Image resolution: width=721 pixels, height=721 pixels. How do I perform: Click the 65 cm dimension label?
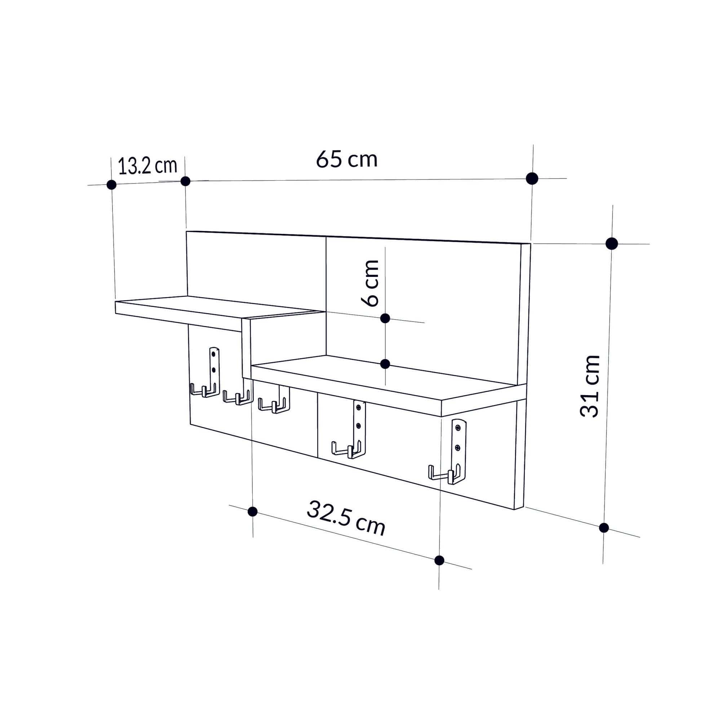point(347,159)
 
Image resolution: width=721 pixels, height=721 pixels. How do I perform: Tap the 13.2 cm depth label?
point(147,166)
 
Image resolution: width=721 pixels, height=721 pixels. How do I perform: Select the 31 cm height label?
point(590,386)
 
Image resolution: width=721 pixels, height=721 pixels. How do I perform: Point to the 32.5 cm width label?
point(346,518)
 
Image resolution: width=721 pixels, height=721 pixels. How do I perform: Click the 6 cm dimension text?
point(371,283)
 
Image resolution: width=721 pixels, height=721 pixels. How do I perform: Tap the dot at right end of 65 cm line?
point(532,179)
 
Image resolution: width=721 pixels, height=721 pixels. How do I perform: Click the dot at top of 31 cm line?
point(612,244)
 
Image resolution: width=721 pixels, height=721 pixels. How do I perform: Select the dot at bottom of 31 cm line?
point(604,528)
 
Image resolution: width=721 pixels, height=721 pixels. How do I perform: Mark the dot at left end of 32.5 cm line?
point(253,511)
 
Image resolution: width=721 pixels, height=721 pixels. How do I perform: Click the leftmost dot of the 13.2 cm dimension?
point(111,184)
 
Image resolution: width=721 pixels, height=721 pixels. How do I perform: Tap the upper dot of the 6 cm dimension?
point(385,318)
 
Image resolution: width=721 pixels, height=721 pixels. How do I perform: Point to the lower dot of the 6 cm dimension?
point(385,364)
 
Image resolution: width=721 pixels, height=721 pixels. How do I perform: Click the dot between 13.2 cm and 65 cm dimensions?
point(185,181)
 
